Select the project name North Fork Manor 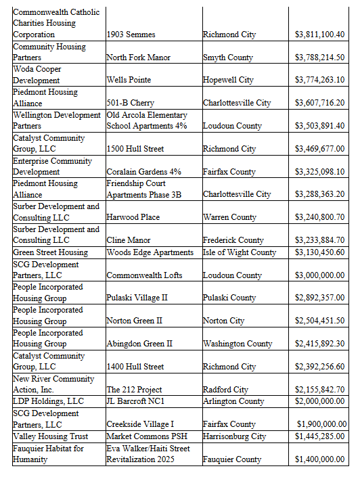138,58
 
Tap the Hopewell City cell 228,80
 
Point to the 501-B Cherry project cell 130,103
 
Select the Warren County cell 229,217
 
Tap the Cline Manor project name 129,240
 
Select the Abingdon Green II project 139,344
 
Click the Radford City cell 225,390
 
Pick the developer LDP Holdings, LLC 48,401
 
